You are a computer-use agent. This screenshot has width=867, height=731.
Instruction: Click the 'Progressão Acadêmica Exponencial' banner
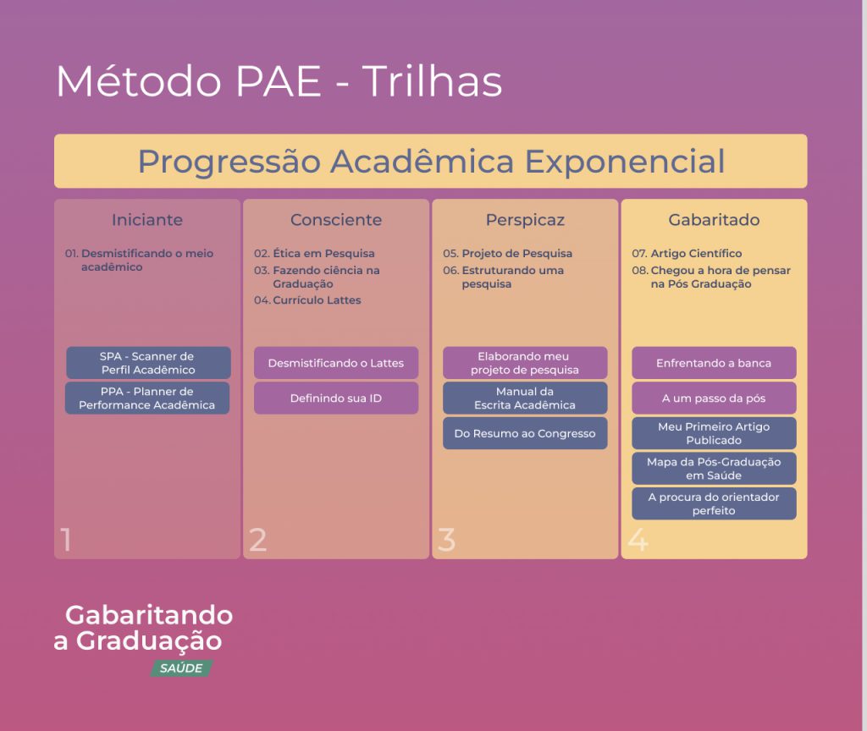[431, 161]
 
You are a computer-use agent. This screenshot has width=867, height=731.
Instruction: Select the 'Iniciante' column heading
[147, 220]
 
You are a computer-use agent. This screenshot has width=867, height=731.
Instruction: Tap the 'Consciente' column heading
[336, 220]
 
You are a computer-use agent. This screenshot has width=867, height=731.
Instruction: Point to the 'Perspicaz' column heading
[525, 221]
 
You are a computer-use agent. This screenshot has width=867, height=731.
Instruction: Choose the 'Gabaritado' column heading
[714, 220]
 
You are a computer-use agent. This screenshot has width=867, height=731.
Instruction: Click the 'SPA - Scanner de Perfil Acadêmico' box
[148, 363]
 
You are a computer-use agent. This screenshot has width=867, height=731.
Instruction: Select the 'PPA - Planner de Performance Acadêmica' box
[147, 398]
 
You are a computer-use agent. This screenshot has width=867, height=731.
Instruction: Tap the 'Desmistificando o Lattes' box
[336, 363]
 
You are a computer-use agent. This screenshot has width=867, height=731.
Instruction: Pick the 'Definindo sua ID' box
[336, 398]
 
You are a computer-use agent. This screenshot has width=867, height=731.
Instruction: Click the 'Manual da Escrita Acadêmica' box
[525, 398]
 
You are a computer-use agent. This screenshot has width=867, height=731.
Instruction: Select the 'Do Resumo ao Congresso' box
[525, 433]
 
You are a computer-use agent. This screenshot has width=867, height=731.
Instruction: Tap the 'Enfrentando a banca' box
[714, 363]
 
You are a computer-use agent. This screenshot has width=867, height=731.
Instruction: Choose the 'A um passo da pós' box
[714, 398]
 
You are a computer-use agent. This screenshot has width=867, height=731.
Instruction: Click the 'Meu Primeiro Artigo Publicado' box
[714, 433]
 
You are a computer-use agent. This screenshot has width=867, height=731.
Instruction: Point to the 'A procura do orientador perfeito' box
[714, 503]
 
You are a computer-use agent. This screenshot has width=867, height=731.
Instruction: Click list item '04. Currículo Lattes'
[307, 300]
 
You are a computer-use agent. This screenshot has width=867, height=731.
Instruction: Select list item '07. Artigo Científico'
[687, 253]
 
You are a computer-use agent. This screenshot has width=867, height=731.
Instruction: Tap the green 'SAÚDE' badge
[181, 668]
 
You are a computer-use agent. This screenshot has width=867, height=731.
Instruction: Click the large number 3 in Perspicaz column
[446, 539]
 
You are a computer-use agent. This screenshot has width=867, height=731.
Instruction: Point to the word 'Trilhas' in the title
[432, 81]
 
